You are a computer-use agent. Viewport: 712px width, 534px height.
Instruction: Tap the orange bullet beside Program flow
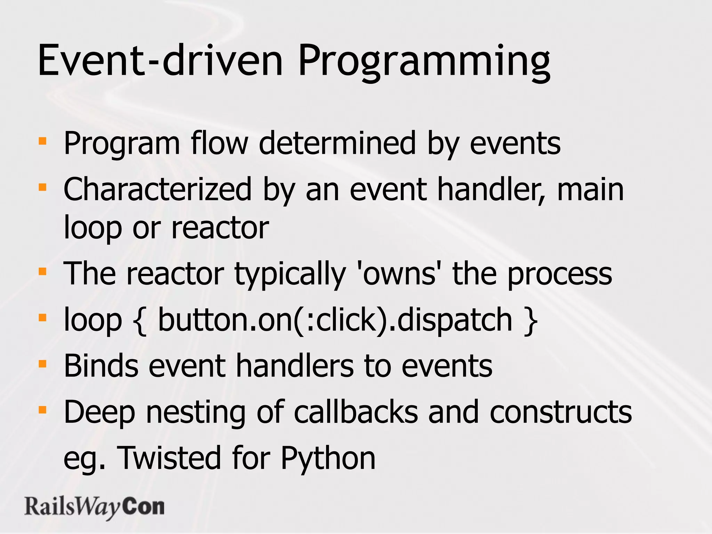pos(42,141)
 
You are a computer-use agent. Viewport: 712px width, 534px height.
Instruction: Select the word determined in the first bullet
pos(337,143)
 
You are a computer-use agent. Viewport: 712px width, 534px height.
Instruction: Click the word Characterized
pos(157,189)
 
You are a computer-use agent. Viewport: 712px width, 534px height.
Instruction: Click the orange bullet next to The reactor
pos(42,271)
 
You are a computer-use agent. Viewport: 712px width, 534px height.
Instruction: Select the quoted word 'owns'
pos(399,274)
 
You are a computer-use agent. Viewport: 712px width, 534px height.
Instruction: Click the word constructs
pos(560,412)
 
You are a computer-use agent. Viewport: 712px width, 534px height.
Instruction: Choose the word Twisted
pos(169,458)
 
